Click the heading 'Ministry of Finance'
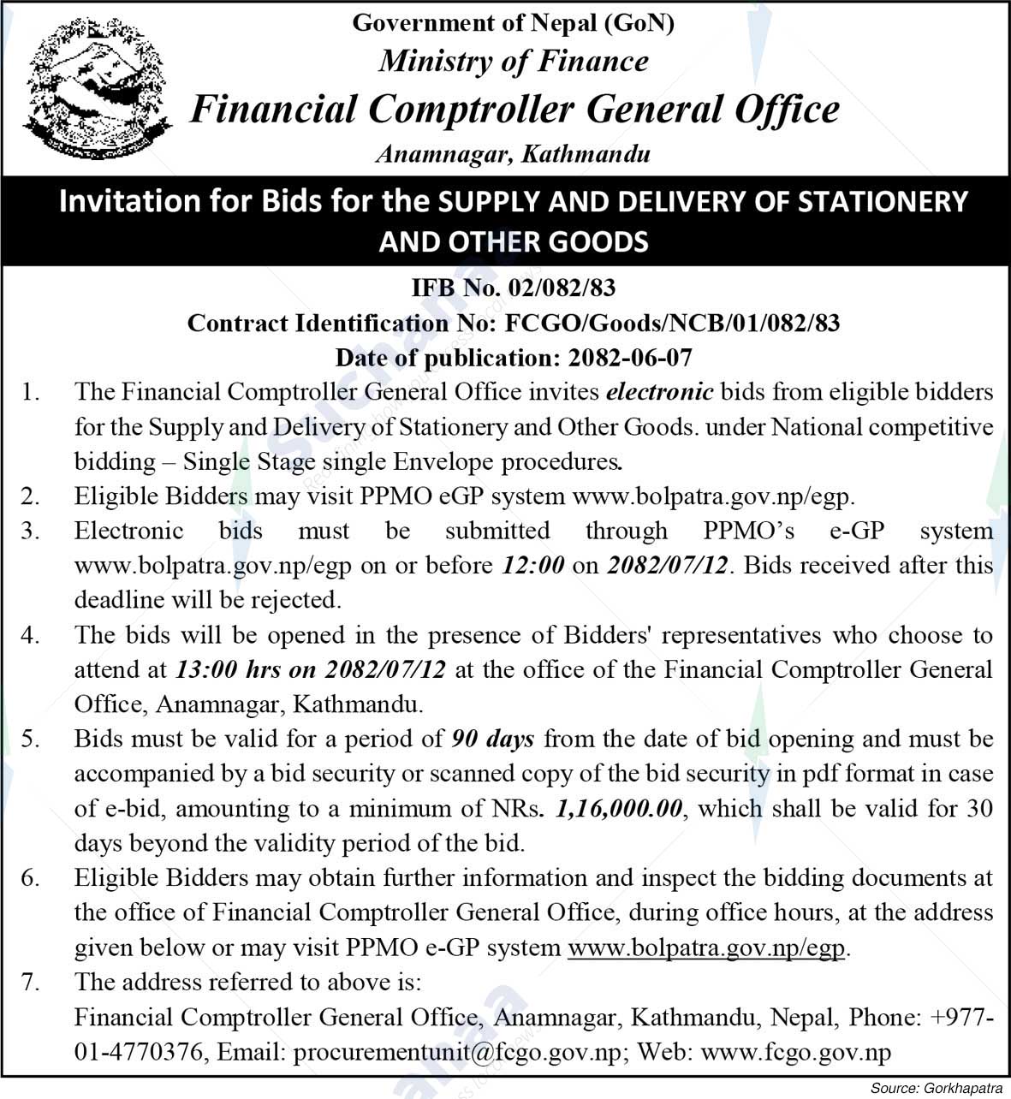[514, 61]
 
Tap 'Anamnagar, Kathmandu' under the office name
[513, 154]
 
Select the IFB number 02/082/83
[562, 288]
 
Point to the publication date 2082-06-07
[625, 357]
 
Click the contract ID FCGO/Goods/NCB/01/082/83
[672, 323]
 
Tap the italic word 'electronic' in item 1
[659, 392]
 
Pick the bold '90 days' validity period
[493, 739]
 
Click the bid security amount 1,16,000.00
[619, 808]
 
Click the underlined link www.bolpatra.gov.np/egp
[706, 948]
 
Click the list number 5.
[31, 739]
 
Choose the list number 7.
[31, 982]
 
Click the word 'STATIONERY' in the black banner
[883, 201]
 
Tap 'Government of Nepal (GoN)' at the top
[513, 22]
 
